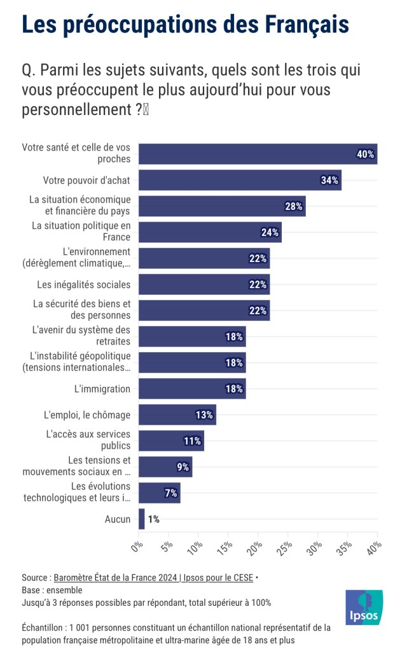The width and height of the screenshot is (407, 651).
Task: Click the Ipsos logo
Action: [x=364, y=608]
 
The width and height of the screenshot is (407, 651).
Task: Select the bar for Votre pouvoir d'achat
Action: [x=240, y=181]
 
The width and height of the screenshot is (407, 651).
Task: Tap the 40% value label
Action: [x=365, y=154]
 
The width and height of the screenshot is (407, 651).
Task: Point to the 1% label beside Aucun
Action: [x=153, y=519]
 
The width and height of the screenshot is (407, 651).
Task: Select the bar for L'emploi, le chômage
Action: [x=177, y=415]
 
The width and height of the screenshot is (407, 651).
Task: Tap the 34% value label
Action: [x=329, y=181]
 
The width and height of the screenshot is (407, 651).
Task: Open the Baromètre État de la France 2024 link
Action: [x=153, y=578]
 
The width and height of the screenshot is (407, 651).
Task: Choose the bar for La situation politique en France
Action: [x=210, y=233]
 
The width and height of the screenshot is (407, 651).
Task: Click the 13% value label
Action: [x=204, y=415]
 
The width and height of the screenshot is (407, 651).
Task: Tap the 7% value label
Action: [x=171, y=493]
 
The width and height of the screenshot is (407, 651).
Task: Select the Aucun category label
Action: [x=118, y=519]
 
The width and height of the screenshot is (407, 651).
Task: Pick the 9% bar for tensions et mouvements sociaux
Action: [x=165, y=467]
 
